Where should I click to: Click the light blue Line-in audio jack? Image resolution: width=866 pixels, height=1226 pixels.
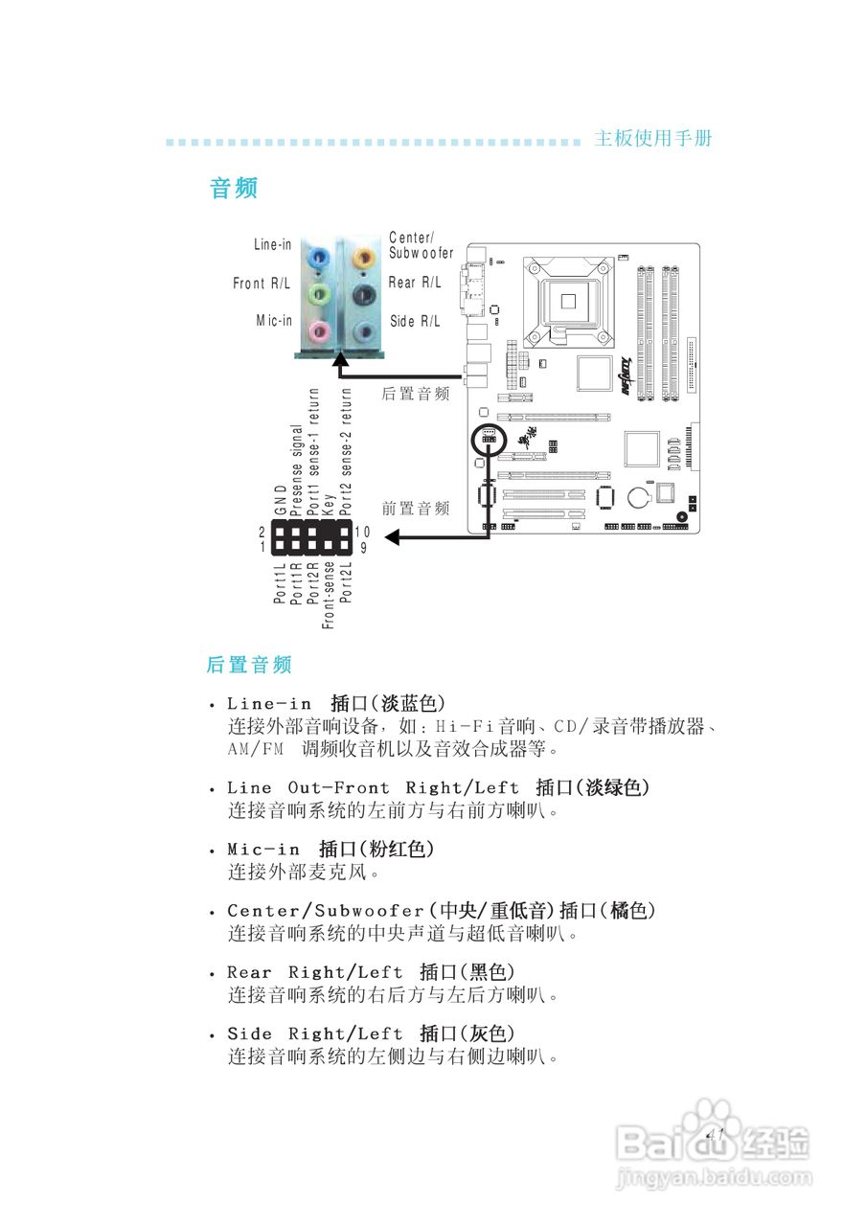coord(318,257)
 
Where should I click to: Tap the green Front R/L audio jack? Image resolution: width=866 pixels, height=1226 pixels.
coord(318,294)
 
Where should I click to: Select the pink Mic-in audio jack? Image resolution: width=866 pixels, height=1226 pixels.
coord(318,332)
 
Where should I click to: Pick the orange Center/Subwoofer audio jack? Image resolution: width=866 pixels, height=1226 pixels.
coord(361,257)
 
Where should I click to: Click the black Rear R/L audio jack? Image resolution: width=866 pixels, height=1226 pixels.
coord(361,294)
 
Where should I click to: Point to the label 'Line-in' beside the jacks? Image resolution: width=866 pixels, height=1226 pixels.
coord(272,244)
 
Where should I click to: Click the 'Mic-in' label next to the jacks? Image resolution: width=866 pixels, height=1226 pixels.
coord(274,320)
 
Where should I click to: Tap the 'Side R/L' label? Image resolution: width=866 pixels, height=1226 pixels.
coord(415,322)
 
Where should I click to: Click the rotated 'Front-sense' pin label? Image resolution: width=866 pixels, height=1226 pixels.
coord(329,594)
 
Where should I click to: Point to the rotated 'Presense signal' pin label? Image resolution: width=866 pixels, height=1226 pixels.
coord(297,468)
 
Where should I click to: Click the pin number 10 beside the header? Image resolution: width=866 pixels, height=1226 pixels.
coord(362,532)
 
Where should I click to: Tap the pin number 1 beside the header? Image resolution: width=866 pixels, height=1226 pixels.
coord(262,548)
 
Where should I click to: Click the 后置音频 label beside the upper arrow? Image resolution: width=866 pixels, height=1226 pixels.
coord(416,394)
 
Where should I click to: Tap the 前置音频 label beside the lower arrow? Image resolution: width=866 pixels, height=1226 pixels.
coord(416,509)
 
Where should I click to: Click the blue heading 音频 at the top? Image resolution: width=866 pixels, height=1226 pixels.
coord(234,188)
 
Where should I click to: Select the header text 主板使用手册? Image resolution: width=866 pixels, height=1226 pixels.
coord(653,138)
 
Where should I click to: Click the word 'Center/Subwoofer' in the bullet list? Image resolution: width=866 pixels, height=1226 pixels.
coord(326,910)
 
